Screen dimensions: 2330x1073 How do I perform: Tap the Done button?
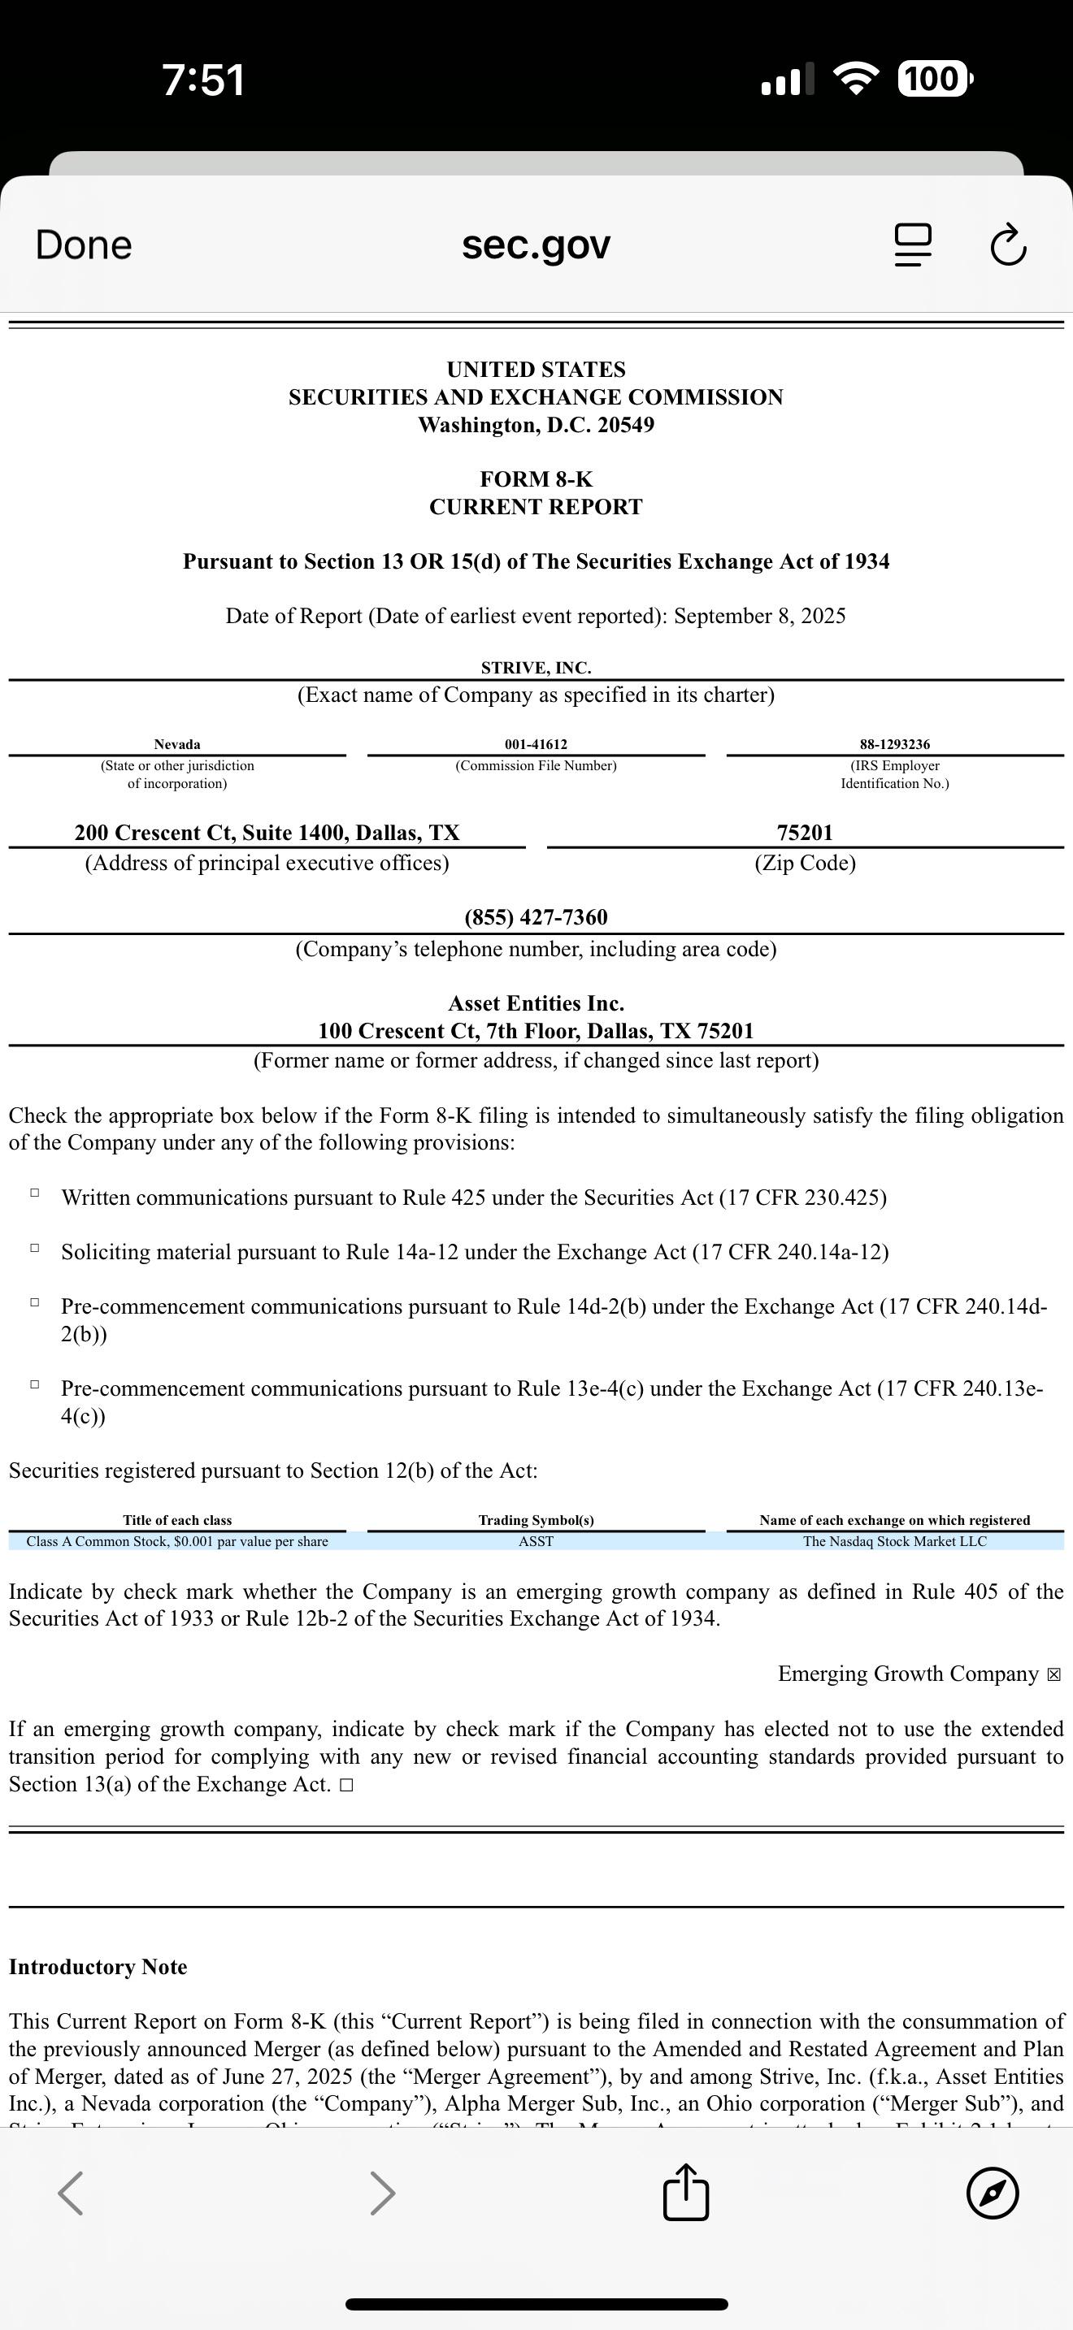point(83,245)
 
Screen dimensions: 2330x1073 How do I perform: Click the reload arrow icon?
point(1008,245)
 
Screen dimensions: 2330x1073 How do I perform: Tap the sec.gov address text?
point(536,245)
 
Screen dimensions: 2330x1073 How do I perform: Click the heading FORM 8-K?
point(536,479)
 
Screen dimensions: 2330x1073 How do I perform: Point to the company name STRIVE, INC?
point(536,669)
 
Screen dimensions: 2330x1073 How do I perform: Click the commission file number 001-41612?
point(536,744)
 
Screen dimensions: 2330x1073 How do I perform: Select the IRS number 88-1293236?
point(894,744)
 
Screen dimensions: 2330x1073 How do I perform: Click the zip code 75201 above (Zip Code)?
point(804,833)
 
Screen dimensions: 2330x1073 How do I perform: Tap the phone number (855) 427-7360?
point(536,917)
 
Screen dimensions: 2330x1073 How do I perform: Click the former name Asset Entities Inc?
point(536,1004)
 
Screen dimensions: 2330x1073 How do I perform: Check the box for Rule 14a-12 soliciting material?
point(34,1248)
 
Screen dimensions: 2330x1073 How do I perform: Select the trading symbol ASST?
point(536,1541)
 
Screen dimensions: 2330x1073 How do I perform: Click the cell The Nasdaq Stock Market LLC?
point(894,1541)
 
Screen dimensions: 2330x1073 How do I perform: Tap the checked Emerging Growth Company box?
point(1053,1675)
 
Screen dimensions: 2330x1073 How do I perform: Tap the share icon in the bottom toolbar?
point(686,2193)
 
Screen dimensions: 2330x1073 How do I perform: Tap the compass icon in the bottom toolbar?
point(993,2194)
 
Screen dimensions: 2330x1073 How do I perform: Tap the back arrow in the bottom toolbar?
point(71,2194)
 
